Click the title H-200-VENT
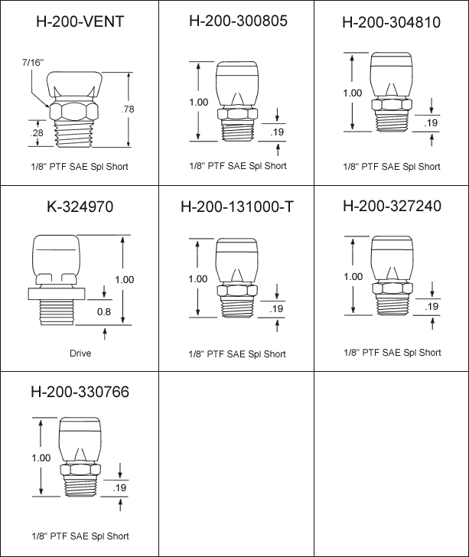[80, 21]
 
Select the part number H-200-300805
[238, 21]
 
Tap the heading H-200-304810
[391, 22]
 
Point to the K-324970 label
[80, 207]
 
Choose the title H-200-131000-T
[237, 207]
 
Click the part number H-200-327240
[392, 206]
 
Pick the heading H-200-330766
[80, 392]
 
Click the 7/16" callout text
[33, 63]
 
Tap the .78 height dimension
[128, 109]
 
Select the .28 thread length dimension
[37, 132]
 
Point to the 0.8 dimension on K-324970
[104, 311]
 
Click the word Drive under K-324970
[80, 353]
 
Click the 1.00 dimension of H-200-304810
[352, 93]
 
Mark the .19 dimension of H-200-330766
[119, 487]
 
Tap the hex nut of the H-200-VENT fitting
[74, 112]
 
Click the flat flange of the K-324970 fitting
[57, 294]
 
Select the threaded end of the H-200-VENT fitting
[74, 134]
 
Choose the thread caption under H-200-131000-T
[237, 354]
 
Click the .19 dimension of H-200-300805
[277, 132]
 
